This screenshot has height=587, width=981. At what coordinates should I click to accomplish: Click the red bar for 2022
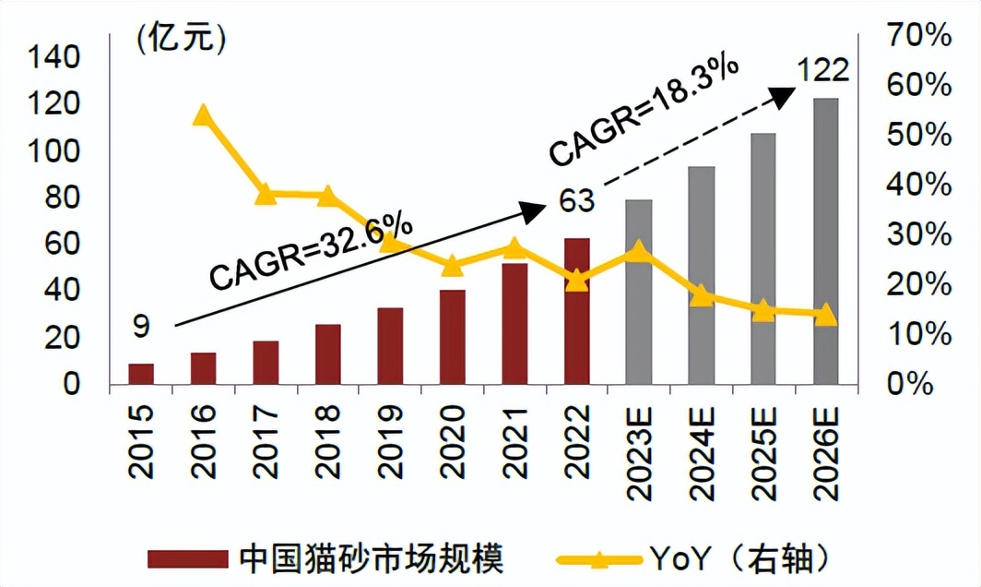[576, 311]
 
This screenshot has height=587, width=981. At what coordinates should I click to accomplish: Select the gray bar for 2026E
[825, 241]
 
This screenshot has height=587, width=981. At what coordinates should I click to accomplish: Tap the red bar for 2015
[141, 374]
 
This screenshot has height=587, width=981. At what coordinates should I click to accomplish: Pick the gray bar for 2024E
[701, 275]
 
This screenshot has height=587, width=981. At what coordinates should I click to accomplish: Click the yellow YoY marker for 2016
[202, 115]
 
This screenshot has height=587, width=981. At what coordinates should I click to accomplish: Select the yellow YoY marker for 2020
[452, 266]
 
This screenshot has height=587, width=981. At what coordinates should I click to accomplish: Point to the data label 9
[141, 327]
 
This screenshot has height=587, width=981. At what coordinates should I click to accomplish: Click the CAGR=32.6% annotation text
[311, 251]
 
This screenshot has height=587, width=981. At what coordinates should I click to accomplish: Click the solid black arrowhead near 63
[533, 212]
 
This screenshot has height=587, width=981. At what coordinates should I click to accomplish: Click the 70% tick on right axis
[917, 37]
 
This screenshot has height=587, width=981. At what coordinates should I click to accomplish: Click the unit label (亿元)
[181, 40]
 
